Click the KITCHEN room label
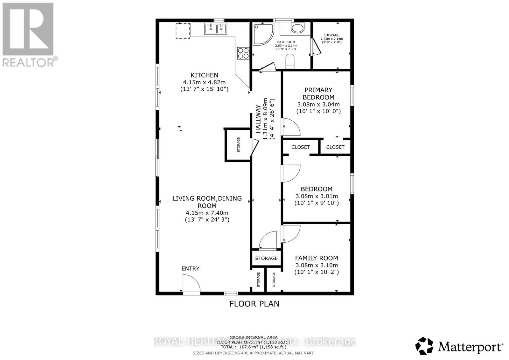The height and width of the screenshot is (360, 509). point(204,75)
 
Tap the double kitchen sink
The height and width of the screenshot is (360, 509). point(216,29)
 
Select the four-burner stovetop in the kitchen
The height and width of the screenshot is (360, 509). point(243,53)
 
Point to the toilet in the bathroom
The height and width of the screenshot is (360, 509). point(290,61)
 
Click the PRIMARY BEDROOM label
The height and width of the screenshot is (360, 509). point(318,93)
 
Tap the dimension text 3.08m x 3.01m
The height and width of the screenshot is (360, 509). point(317,196)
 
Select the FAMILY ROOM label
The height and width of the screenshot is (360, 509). point(317,258)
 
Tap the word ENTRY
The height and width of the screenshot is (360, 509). point(190,269)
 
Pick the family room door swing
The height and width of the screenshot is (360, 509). point(291,233)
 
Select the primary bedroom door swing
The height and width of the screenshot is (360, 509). point(291,127)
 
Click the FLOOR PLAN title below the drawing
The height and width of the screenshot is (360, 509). point(254,304)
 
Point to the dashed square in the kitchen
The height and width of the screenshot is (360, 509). point(183,31)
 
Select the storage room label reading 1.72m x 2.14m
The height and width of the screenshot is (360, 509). point(331,38)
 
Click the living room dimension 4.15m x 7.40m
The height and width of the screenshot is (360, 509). point(207,213)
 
